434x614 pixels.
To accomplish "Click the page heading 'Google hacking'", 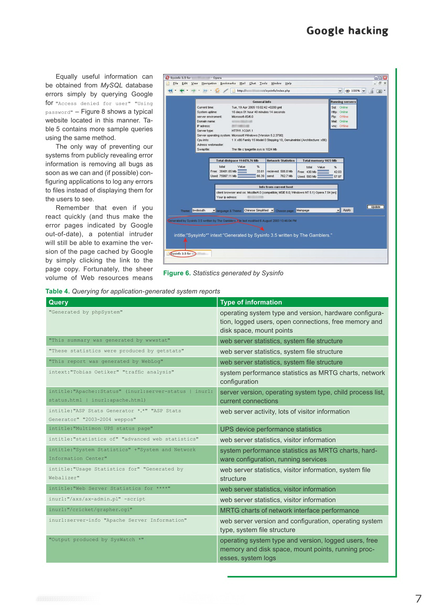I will point(347,31).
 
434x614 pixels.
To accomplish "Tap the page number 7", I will point(418,599).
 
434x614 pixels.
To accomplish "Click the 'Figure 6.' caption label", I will point(177,273).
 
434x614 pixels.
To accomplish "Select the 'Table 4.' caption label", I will point(57,291).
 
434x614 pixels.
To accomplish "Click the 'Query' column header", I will point(58,302).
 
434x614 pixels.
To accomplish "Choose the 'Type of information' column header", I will point(251,302).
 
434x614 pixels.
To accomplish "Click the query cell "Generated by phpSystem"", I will point(86,312).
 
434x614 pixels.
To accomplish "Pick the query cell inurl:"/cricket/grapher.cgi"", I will point(90,510).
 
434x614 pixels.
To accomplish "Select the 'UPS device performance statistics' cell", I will point(271,429).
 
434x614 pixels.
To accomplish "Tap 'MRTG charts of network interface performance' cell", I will point(289,511).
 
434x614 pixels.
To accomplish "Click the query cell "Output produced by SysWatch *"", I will point(96,540).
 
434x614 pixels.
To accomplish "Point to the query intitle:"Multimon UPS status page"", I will point(101,428).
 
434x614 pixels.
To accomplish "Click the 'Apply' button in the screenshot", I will point(347,210).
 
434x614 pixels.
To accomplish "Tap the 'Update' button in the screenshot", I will point(375,207).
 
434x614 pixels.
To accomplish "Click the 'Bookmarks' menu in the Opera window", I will point(228,83).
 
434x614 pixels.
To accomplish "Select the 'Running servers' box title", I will point(343,102).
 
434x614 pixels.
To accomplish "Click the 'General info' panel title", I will point(262,102).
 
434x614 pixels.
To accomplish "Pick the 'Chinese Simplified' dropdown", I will point(258,211).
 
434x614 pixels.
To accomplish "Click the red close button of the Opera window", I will point(385,77).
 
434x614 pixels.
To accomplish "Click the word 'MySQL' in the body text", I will point(111,85).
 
